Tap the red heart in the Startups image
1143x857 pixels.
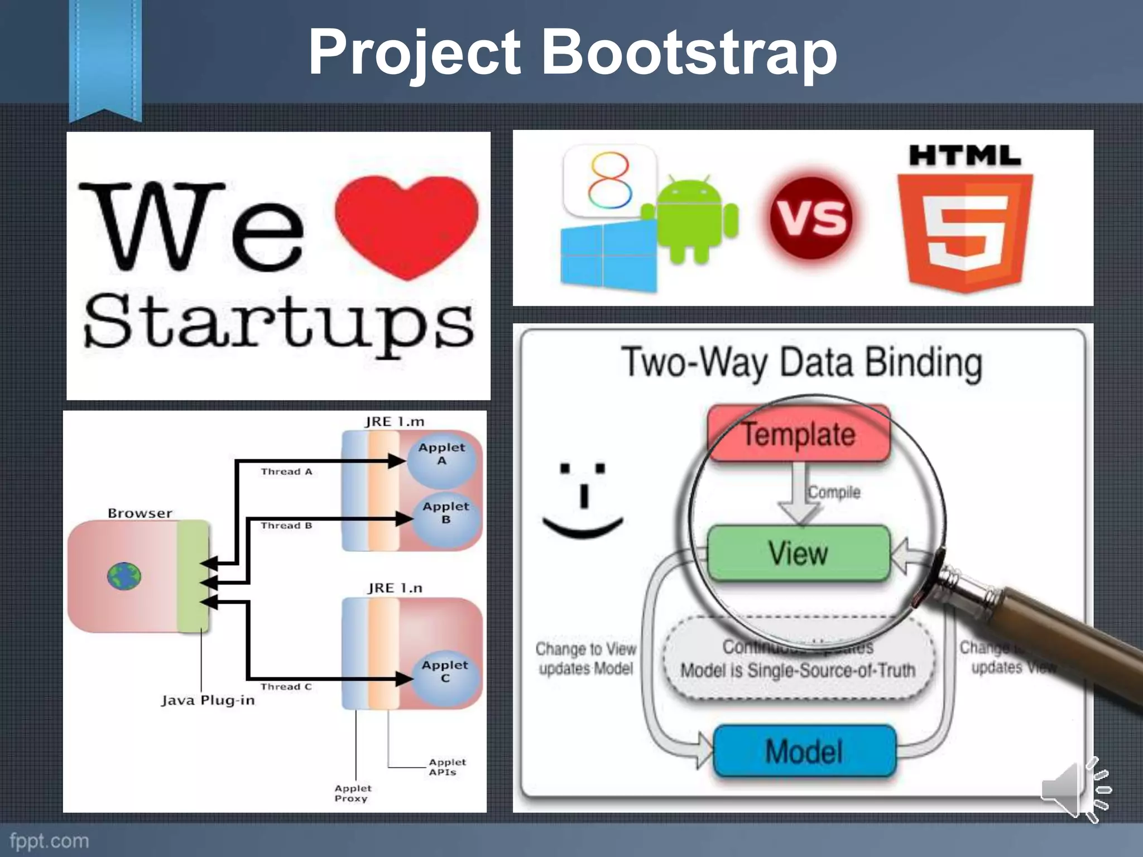[406, 223]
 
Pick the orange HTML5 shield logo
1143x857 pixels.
[964, 232]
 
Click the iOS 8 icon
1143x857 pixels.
[609, 180]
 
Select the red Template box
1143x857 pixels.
[798, 434]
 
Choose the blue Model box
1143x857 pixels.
[804, 750]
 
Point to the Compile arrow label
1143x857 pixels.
[834, 492]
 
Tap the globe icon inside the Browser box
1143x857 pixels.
[124, 576]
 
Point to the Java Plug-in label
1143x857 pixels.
[208, 700]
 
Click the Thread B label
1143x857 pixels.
[286, 526]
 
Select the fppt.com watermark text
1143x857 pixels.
[49, 841]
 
